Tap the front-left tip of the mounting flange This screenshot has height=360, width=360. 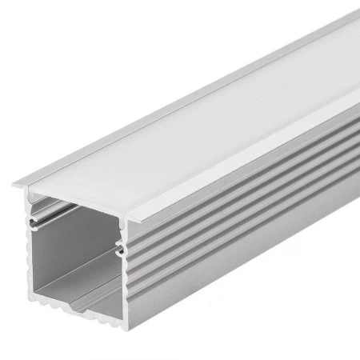[x=15, y=187]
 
